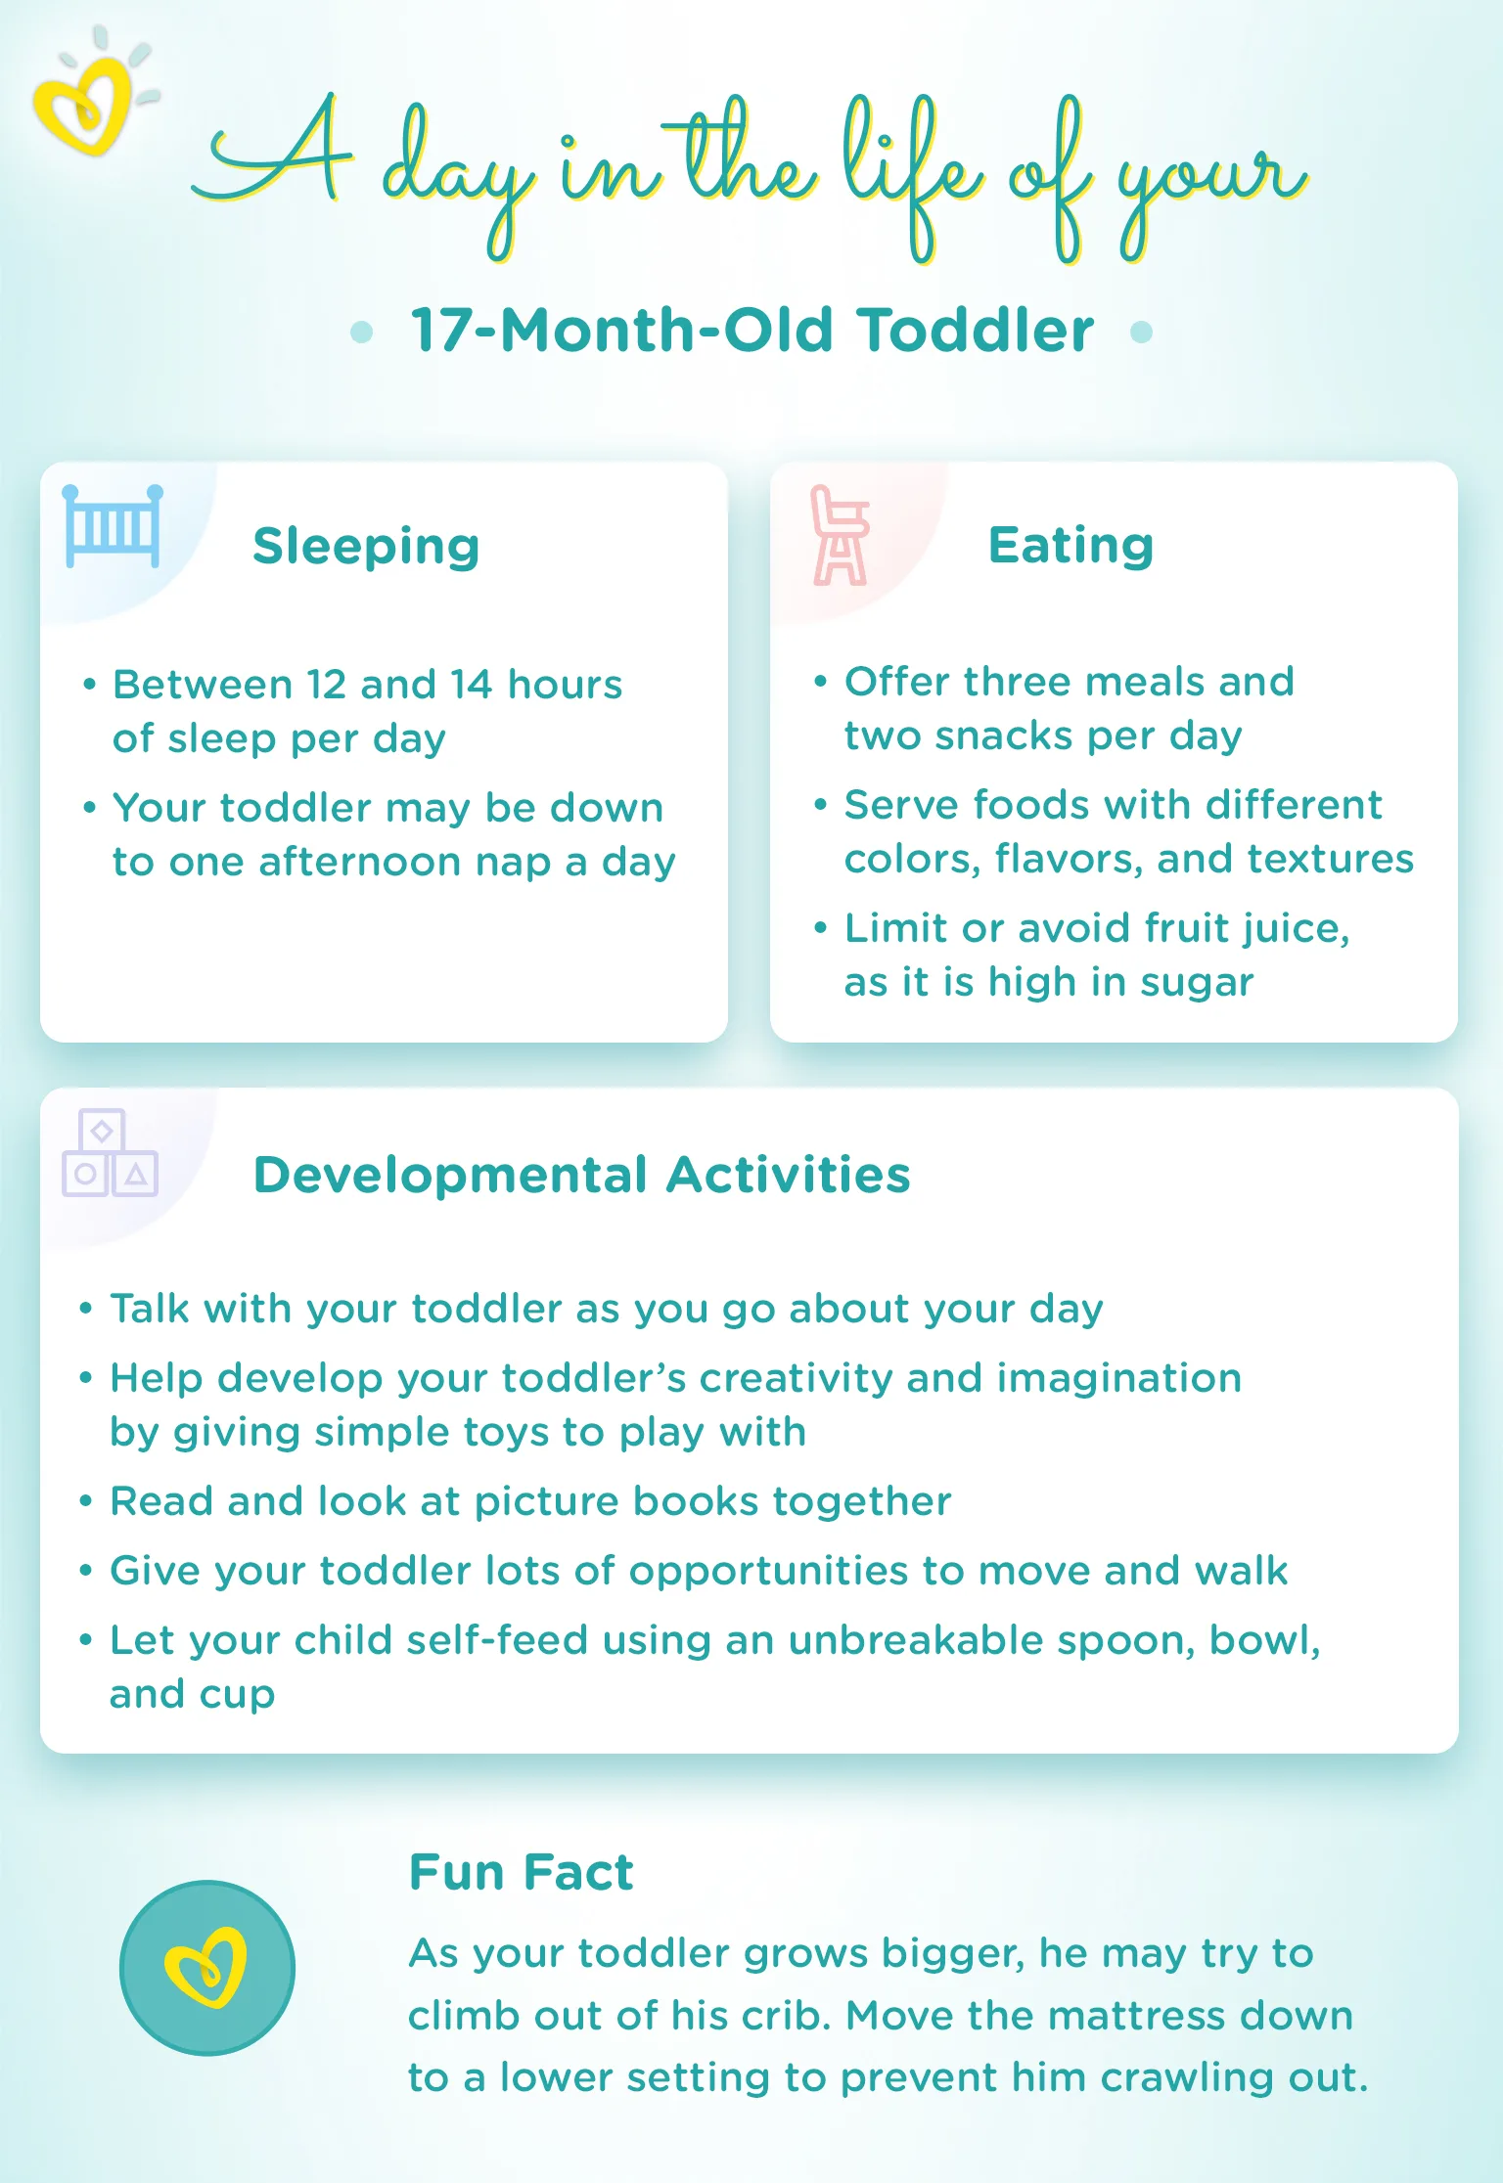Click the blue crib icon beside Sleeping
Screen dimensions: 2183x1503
(113, 526)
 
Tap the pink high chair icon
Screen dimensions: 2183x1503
(839, 536)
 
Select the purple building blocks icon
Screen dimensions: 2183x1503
(109, 1153)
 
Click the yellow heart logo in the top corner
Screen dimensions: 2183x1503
(86, 103)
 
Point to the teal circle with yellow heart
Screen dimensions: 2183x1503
(206, 1968)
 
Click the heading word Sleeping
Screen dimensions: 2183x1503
(366, 546)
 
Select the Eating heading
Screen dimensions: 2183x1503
(1070, 545)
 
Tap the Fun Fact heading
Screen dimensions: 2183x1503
(521, 1872)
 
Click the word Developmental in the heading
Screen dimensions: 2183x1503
(450, 1175)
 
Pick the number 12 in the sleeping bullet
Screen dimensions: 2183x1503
(325, 685)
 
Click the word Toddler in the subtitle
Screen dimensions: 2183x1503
(976, 330)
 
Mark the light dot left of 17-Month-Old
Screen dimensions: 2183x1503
(361, 332)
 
